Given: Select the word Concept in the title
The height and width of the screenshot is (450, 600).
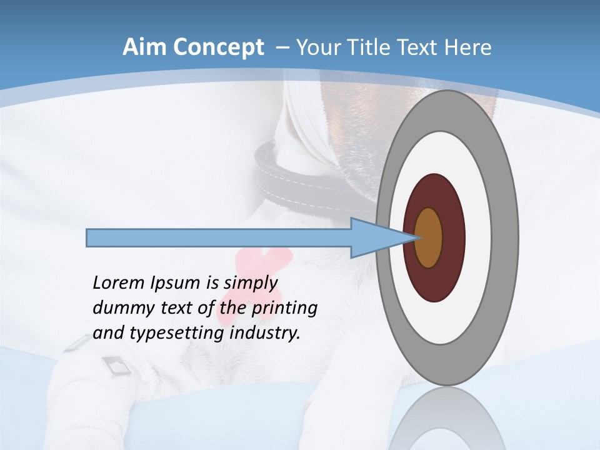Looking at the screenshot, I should (219, 47).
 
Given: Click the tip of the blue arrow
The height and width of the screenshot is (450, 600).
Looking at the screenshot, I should (415, 237).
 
